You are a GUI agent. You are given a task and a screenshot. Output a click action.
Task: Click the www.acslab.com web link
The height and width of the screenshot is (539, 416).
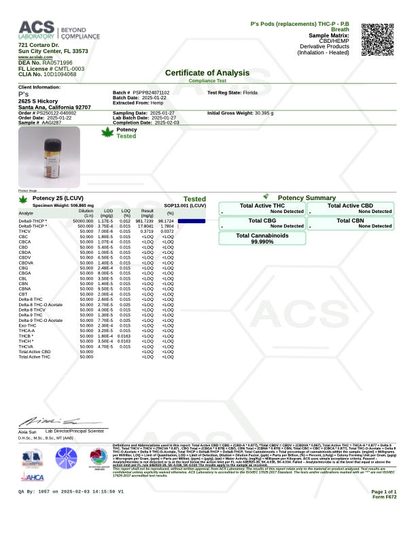(x=35, y=57)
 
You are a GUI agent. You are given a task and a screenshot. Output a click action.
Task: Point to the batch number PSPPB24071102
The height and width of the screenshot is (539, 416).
(x=152, y=92)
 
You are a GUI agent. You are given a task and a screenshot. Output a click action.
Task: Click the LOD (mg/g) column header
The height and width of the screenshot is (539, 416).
(x=105, y=214)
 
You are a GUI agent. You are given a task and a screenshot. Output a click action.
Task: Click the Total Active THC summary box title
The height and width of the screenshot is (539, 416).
(x=262, y=205)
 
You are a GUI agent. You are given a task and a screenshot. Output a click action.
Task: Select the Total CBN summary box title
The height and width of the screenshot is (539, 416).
(x=350, y=220)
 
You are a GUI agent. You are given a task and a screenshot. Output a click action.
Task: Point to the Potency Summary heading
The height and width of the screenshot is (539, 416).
(x=307, y=198)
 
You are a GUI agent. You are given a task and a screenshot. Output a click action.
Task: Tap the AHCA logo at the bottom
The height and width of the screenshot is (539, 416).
(x=30, y=478)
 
